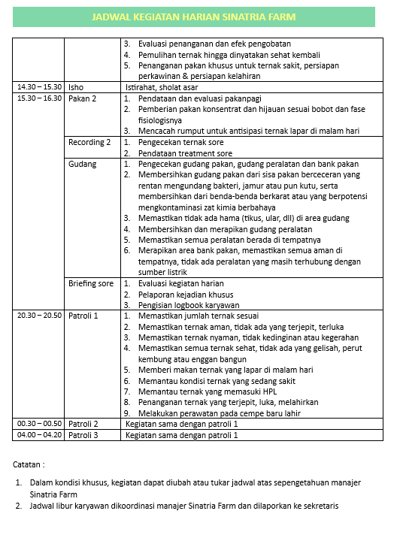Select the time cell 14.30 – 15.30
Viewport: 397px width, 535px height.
pos(39,87)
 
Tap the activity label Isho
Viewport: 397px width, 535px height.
pos(76,87)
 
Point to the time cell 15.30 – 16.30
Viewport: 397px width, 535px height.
pos(39,98)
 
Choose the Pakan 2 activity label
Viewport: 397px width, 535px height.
pos(82,98)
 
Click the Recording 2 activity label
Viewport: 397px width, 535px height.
pos(89,142)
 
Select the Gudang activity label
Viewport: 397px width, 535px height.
pos(82,164)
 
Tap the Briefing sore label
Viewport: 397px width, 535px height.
pos(91,283)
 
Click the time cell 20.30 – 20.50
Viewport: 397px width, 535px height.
pos(39,316)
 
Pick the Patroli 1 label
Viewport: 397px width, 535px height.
pos(83,316)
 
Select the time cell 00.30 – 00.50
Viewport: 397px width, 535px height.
pos(39,424)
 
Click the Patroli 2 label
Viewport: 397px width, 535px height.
pos(83,424)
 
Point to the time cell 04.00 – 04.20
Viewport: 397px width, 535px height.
pos(39,434)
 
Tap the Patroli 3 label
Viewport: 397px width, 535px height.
pos(83,434)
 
